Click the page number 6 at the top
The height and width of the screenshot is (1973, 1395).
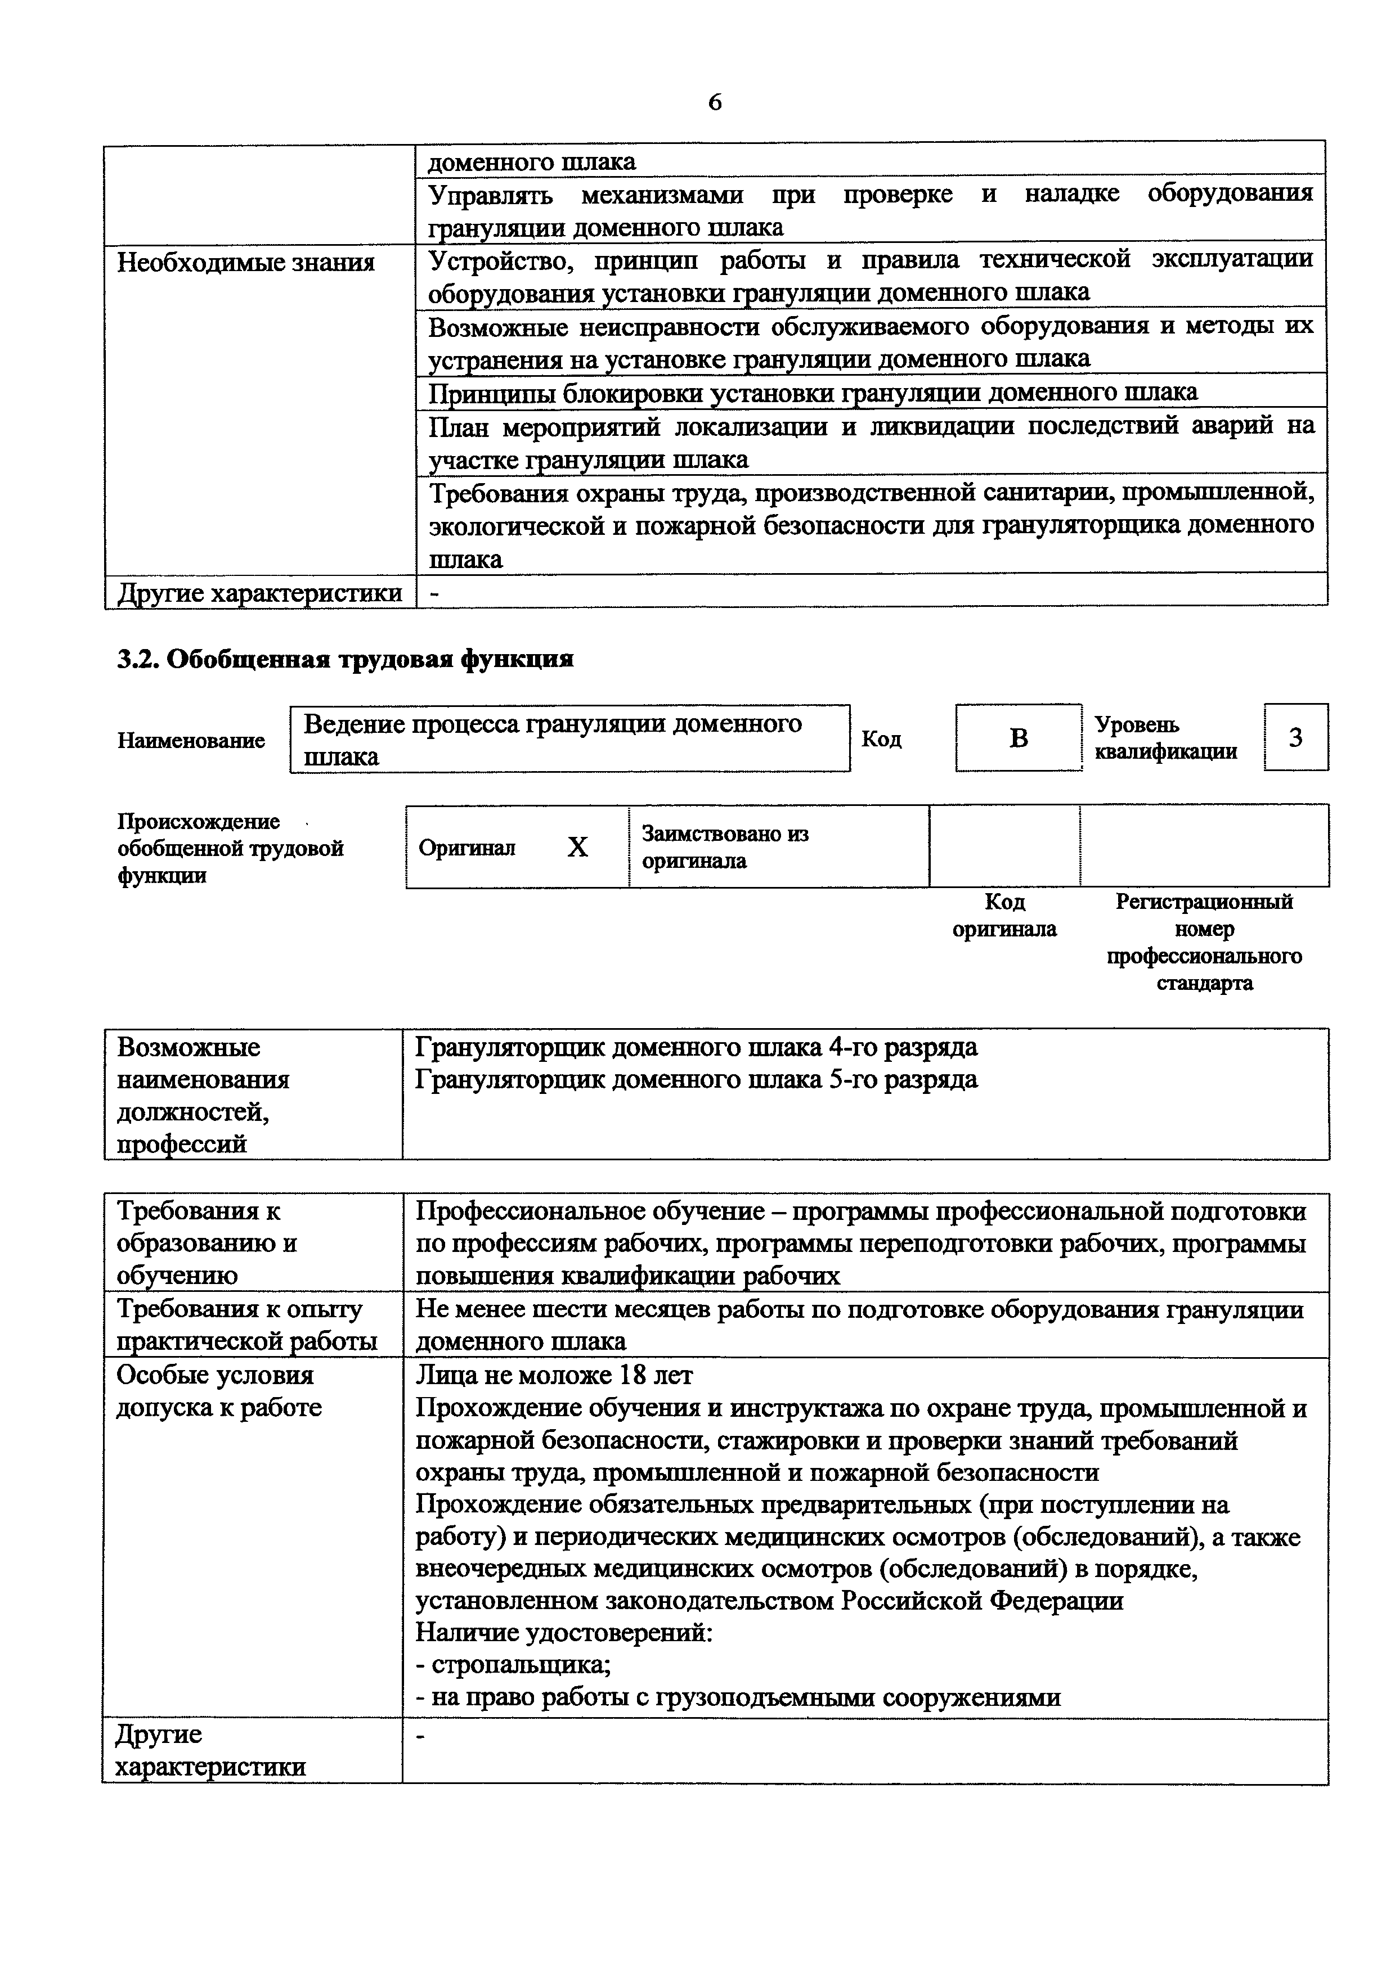point(714,103)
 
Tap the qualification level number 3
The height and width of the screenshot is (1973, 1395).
point(1295,737)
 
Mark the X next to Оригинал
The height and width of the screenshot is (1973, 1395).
point(577,847)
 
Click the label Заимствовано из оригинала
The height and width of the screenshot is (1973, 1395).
point(725,846)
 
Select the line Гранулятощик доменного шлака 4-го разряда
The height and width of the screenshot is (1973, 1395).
point(696,1047)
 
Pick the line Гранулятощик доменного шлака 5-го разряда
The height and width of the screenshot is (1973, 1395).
point(696,1079)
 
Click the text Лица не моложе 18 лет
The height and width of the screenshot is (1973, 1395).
point(554,1375)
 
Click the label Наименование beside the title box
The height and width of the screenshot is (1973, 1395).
point(191,740)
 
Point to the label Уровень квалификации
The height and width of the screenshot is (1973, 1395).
point(1165,738)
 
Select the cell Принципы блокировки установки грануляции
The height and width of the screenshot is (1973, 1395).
point(812,393)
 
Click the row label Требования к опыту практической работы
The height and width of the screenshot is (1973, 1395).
point(246,1325)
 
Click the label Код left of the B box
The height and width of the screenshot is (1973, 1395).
point(881,739)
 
